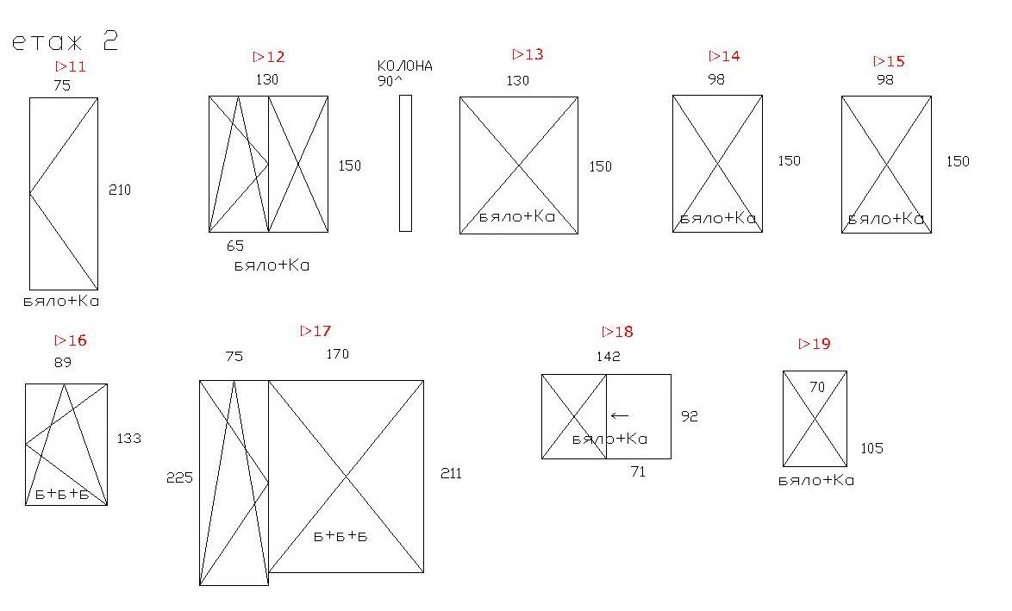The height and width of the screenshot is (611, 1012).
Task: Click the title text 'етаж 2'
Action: (66, 41)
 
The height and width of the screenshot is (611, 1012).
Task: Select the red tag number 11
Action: (71, 66)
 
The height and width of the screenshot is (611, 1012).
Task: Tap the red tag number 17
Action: (316, 331)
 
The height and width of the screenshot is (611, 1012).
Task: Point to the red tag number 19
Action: (815, 344)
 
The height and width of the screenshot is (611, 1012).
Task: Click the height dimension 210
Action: (120, 190)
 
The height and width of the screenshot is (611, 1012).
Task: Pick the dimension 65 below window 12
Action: (235, 246)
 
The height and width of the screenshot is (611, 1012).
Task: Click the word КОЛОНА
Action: (404, 65)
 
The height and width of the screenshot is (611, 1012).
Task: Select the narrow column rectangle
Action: (405, 163)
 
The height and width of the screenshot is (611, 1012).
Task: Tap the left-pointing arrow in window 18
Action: (620, 416)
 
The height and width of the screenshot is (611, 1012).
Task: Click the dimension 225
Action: (179, 477)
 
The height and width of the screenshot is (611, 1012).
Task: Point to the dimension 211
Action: (451, 474)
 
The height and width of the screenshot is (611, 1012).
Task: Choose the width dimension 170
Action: (338, 353)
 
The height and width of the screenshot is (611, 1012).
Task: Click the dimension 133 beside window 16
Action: (128, 439)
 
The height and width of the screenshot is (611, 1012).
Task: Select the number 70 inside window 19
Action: (817, 387)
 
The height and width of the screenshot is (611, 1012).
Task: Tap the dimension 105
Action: (872, 448)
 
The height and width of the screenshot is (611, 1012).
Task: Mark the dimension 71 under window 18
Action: (638, 471)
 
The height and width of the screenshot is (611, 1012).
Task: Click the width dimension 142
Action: (609, 356)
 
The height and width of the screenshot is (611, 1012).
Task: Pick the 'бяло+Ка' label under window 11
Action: (61, 302)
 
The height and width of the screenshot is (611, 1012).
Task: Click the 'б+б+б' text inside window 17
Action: (340, 536)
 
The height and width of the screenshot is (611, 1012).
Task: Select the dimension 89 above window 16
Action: (63, 363)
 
